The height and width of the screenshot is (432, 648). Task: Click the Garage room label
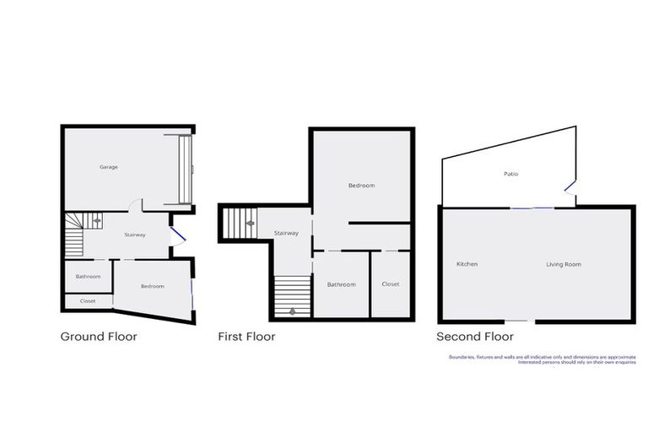(109, 167)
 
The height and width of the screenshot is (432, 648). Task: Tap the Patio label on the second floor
(511, 174)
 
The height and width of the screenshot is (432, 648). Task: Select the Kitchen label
(467, 264)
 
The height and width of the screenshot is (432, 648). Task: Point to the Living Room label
(563, 264)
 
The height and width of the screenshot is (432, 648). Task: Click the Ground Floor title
(99, 337)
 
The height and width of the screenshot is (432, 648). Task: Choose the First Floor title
(246, 337)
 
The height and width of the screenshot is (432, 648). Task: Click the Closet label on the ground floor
(88, 300)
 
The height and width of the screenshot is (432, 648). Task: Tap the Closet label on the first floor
(391, 284)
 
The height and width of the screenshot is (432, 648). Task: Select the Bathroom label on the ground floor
(88, 277)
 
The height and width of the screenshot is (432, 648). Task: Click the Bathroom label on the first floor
(342, 284)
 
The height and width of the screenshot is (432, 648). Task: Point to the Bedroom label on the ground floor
(153, 286)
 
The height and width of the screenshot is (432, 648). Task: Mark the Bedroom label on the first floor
(362, 186)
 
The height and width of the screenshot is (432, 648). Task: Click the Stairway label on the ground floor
(134, 235)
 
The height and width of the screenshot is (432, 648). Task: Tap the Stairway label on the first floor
(286, 233)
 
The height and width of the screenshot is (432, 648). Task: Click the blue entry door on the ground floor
(177, 234)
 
